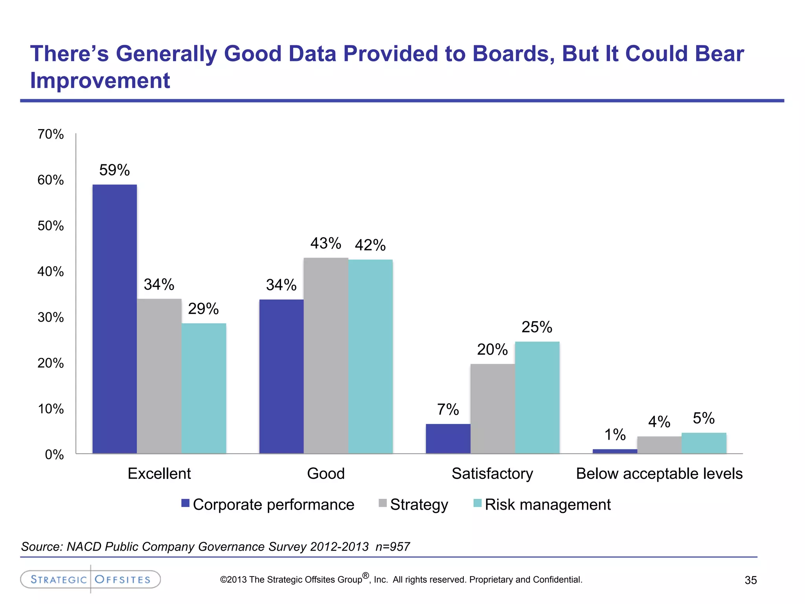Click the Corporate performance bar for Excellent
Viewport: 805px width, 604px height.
click(114, 319)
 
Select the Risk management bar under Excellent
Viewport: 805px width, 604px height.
click(204, 388)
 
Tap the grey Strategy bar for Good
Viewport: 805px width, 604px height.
click(326, 355)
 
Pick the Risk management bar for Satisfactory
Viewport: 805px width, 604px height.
click(537, 397)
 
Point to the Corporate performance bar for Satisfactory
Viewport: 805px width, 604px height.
click(448, 438)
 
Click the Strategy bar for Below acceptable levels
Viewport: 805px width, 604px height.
click(659, 445)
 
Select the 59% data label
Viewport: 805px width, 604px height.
click(114, 170)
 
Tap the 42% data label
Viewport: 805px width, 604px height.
click(370, 245)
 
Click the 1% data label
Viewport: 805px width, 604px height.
click(615, 435)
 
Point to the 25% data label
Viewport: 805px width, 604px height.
click(537, 327)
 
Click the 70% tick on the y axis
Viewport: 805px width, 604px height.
click(51, 134)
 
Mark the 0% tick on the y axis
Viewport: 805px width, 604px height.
click(54, 455)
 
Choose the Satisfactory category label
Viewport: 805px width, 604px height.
click(492, 473)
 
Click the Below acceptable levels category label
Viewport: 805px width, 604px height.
click(659, 473)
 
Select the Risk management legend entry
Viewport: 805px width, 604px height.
click(542, 505)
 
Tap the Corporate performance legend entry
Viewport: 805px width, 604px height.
click(268, 505)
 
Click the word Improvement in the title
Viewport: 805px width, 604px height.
click(100, 81)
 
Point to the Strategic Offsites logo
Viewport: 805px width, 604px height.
click(90, 579)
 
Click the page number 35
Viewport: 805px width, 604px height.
click(750, 580)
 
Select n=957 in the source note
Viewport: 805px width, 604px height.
click(392, 547)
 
